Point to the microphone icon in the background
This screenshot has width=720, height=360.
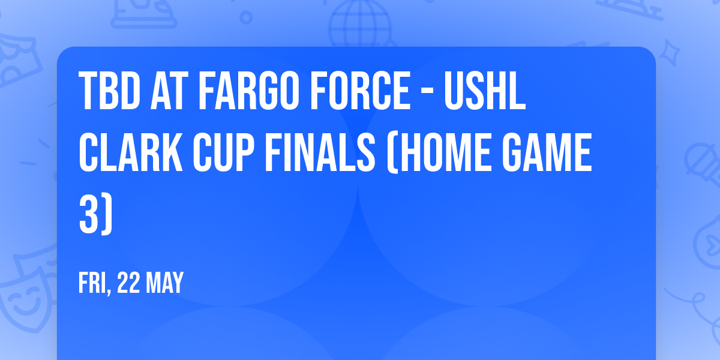[699, 159]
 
